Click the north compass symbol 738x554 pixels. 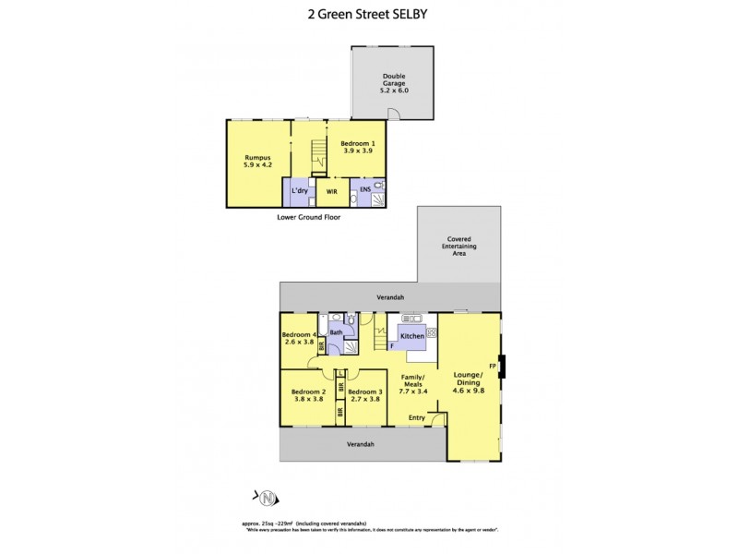coord(267,500)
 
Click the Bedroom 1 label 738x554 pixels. coord(358,144)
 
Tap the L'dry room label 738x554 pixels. coord(299,190)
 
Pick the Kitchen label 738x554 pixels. coord(412,336)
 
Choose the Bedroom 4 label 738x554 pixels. coord(299,334)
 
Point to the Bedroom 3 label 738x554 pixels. coord(366,391)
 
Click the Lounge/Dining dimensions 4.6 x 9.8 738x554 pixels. coord(468,390)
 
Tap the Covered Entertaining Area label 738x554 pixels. coord(459,246)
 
